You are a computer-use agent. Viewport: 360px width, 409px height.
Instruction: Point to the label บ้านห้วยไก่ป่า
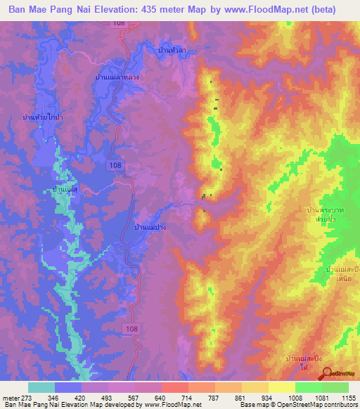(x=43, y=117)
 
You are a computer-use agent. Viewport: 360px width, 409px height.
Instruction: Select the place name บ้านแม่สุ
(x=64, y=190)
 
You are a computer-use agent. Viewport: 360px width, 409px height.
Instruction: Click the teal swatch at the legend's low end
(x=41, y=387)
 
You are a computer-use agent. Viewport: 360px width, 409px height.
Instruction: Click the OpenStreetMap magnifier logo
(x=326, y=373)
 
